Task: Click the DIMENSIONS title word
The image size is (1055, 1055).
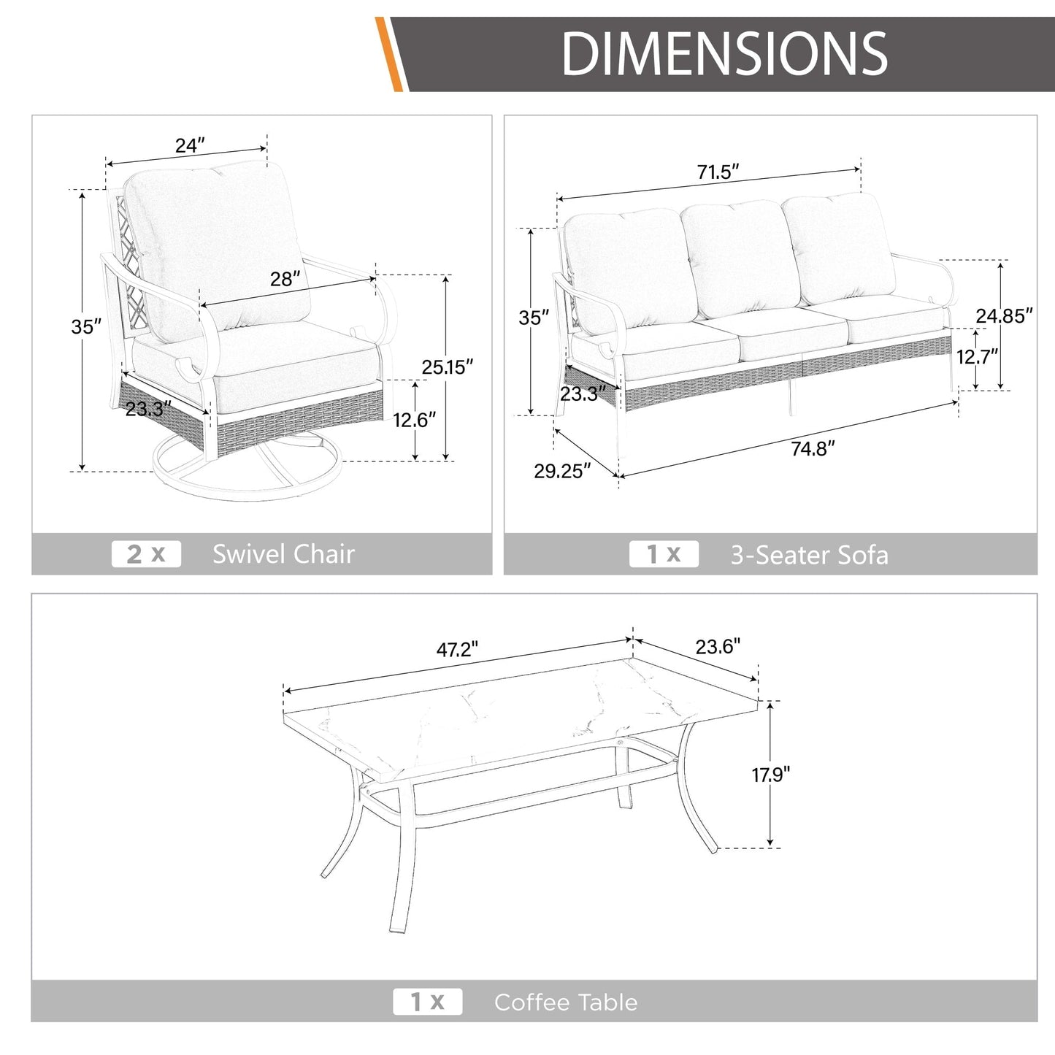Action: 724,53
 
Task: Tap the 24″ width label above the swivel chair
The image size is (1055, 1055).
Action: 190,145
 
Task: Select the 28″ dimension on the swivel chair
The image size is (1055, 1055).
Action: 285,279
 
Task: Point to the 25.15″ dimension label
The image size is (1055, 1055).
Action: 447,367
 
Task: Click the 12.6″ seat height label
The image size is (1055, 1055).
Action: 415,420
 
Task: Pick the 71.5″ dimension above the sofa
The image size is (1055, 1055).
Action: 718,172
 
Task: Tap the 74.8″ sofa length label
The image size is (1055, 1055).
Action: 813,448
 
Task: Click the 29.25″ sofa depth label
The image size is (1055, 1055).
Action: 562,471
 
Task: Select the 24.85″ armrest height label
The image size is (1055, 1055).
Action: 1004,316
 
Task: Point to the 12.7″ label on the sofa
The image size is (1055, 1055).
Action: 978,357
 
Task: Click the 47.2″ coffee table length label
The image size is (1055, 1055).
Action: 457,649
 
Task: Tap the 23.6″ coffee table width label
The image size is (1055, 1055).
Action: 718,647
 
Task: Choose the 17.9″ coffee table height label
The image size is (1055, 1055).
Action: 771,775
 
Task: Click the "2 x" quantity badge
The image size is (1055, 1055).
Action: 146,553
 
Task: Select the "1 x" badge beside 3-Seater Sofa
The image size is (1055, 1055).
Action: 664,553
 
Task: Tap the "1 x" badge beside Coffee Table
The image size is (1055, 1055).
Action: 428,1002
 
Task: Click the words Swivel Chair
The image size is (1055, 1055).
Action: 283,553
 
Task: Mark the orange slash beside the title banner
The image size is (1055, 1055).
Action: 388,54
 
